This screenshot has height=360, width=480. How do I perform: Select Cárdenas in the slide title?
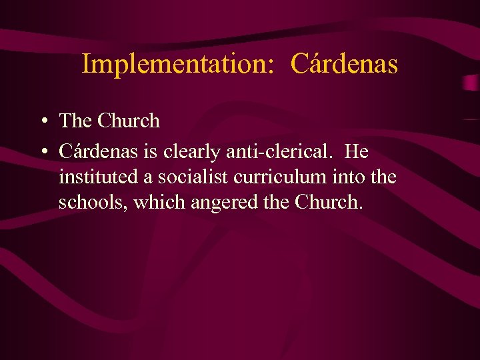coord(345,64)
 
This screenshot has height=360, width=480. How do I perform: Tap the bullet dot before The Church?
coord(42,121)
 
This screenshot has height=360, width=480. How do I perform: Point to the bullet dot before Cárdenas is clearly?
coord(42,153)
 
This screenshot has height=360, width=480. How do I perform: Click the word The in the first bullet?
coord(75,121)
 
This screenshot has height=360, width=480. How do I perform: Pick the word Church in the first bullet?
coord(129,121)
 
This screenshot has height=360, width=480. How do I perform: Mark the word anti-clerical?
coord(278,152)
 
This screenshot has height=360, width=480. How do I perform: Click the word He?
coord(357,152)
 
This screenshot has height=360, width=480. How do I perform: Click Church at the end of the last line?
coord(329,202)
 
